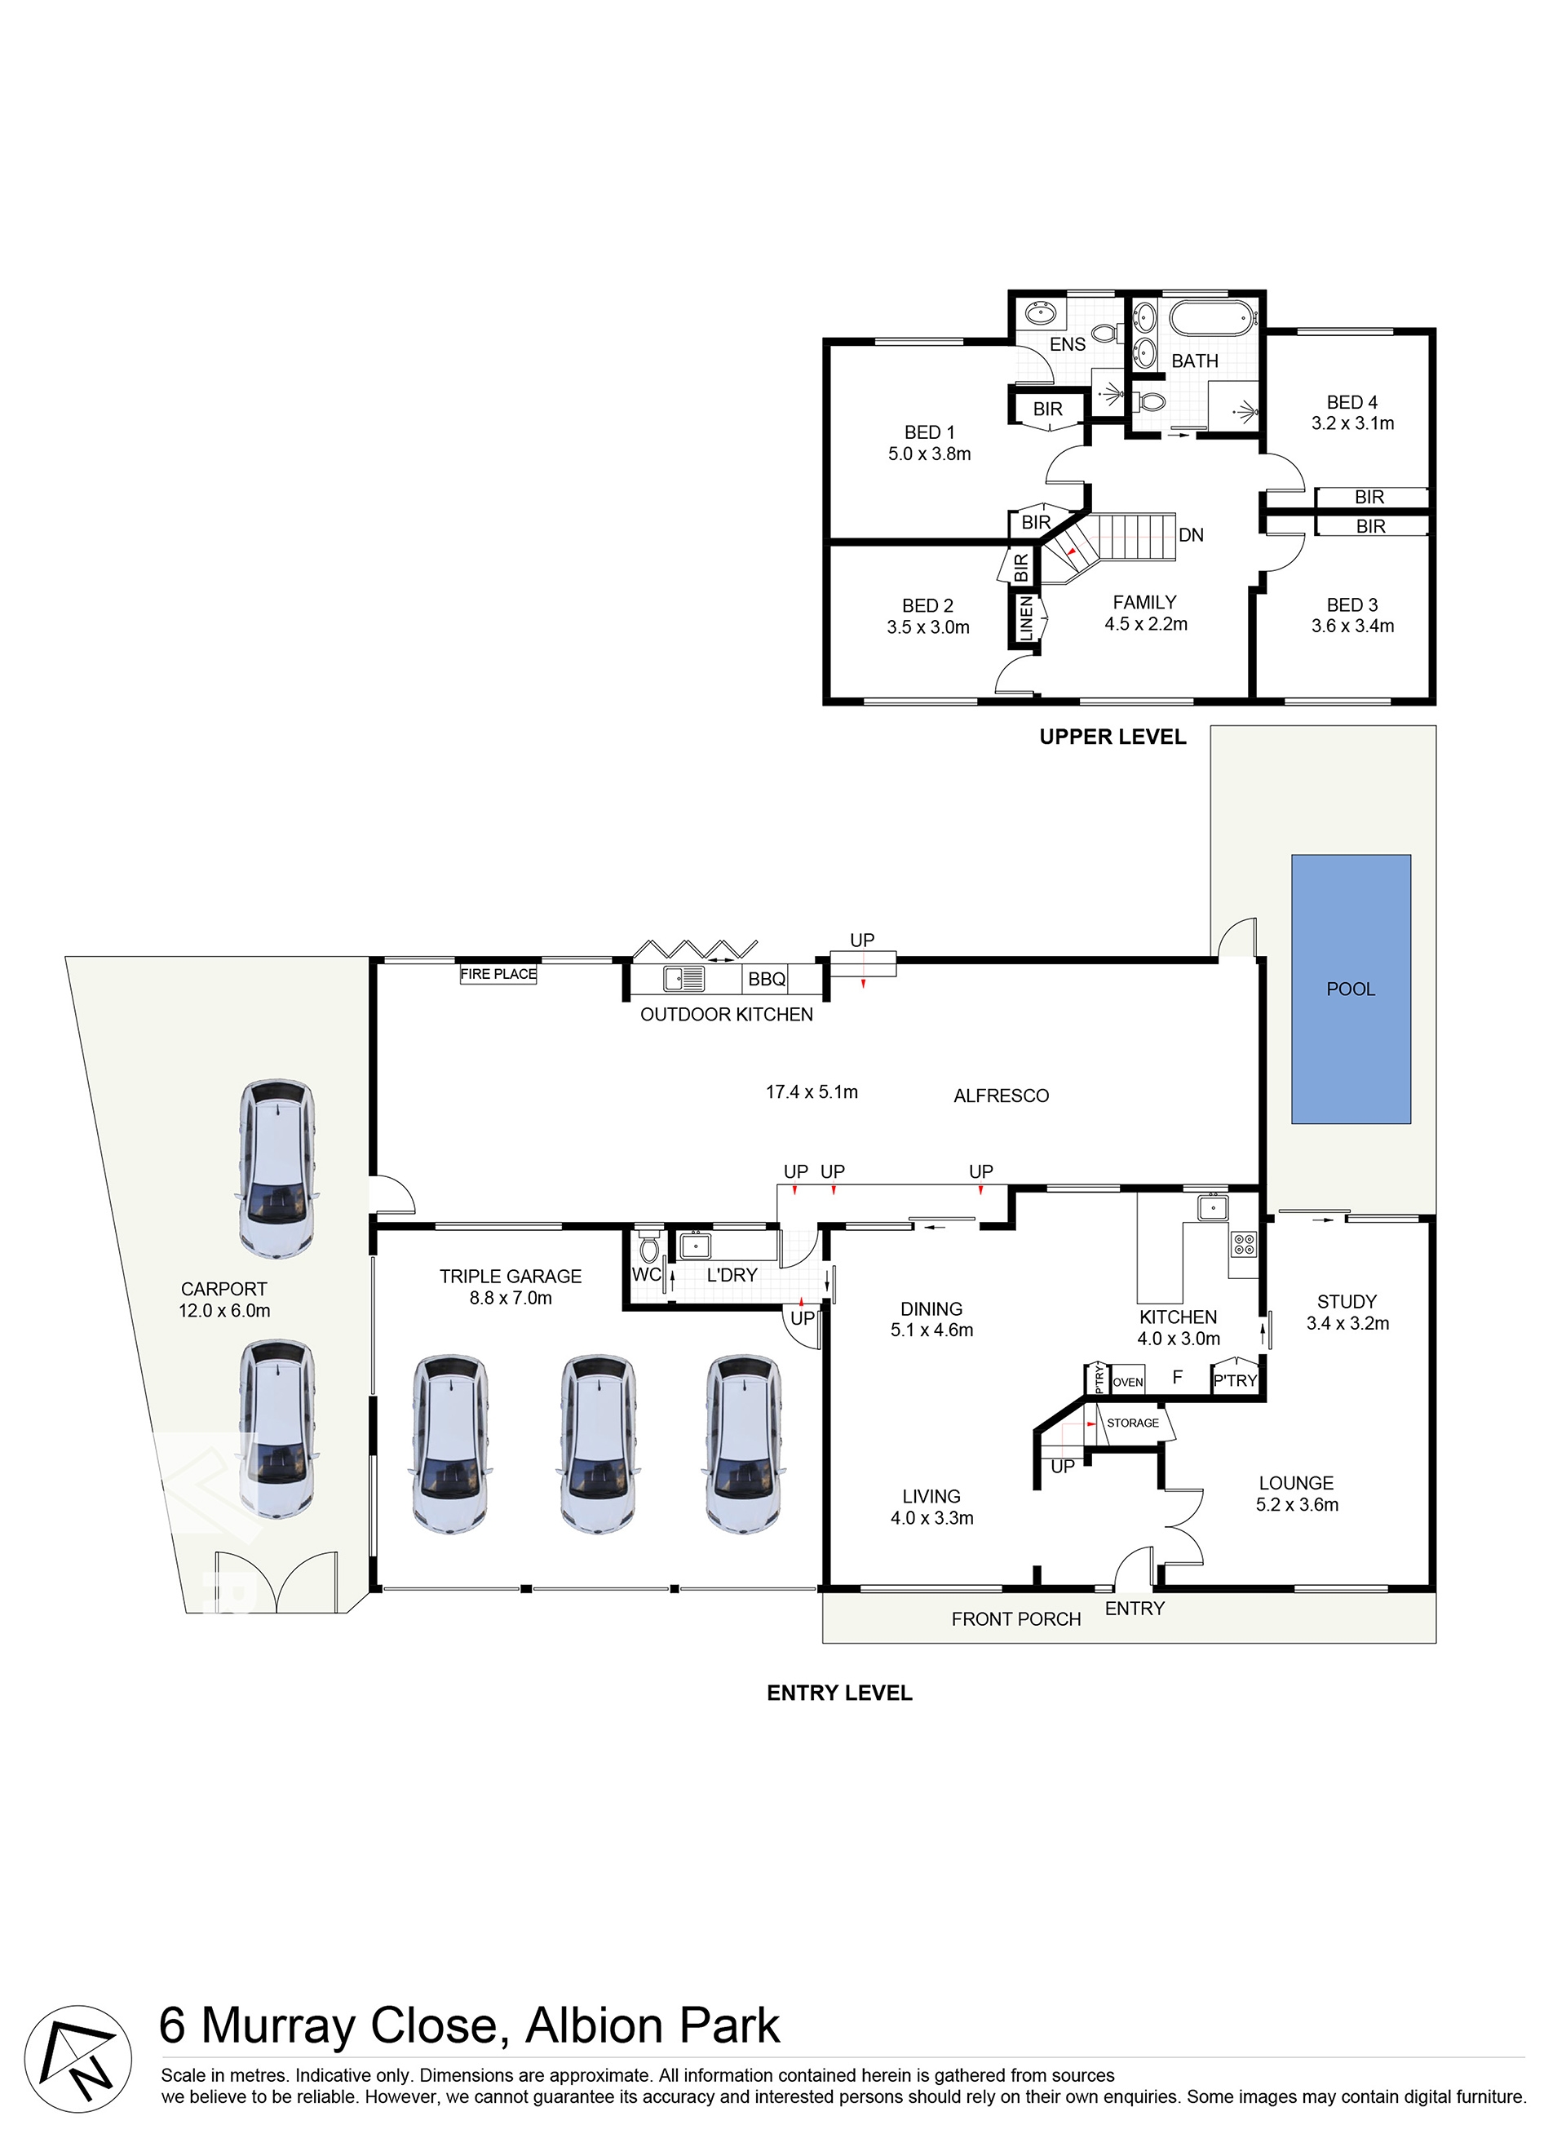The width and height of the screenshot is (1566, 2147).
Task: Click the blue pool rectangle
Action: click(1351, 989)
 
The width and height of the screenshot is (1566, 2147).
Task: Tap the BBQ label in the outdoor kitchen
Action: click(766, 979)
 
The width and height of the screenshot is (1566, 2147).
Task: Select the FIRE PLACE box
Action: click(498, 973)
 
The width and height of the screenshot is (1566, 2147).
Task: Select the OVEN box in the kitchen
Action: click(1127, 1382)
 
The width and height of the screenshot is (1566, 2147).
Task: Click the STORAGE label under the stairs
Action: click(1133, 1423)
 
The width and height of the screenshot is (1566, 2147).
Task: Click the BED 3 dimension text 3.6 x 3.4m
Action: click(1352, 626)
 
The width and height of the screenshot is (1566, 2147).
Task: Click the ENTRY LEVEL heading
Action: click(839, 1693)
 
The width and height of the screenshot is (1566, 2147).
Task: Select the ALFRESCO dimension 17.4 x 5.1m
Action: click(812, 1092)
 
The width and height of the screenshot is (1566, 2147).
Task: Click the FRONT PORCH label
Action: click(1016, 1619)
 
